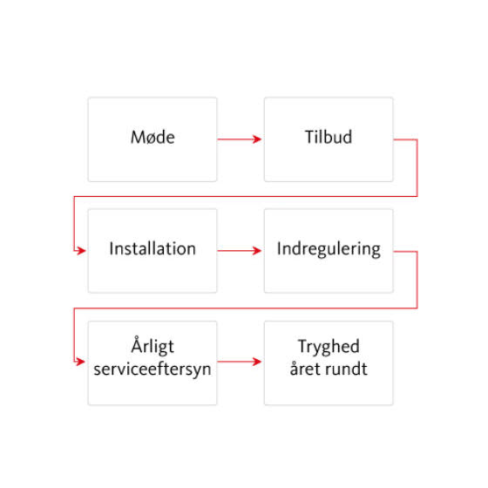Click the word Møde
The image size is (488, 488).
click(x=152, y=138)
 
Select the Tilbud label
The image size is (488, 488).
click(x=329, y=137)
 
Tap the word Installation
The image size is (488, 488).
click(x=152, y=248)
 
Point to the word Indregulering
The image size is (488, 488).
click(x=329, y=249)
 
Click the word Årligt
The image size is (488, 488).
click(x=152, y=345)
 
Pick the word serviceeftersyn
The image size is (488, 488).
click(x=152, y=369)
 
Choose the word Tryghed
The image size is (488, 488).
click(x=329, y=347)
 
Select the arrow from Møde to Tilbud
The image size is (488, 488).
click(x=240, y=139)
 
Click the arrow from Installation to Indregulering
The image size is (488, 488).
click(x=240, y=251)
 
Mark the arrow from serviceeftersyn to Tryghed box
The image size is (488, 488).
click(x=240, y=362)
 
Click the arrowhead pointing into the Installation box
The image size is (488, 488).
click(x=81, y=251)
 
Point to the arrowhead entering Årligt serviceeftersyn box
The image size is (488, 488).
click(x=80, y=362)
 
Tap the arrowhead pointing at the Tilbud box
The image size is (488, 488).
click(x=257, y=139)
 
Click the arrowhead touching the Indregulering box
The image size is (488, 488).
click(x=257, y=251)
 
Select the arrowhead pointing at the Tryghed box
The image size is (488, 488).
click(x=257, y=362)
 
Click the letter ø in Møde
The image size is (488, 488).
click(x=152, y=139)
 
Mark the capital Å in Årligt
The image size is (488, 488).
click(x=138, y=344)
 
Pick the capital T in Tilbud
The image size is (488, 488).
click(x=310, y=138)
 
